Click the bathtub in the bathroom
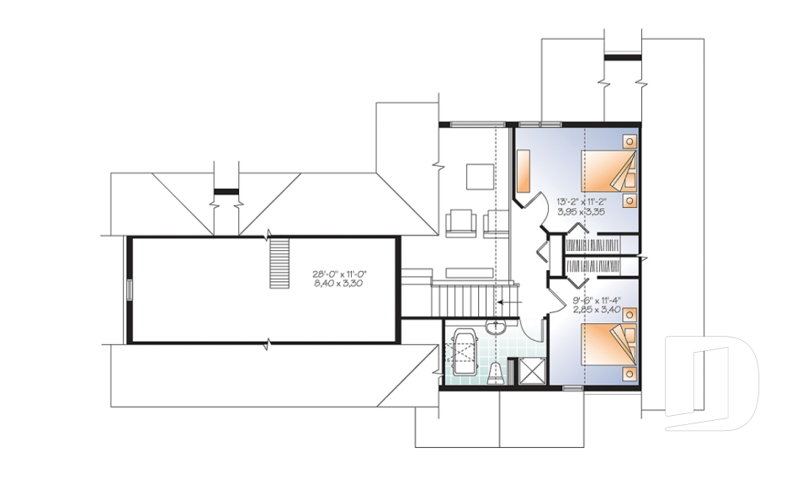pos(464,354)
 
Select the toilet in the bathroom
pos(497,372)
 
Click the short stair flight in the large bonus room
pos(279,263)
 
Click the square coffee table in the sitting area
pos(481,176)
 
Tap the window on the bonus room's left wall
pos(130,289)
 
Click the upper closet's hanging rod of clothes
pos(593,245)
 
